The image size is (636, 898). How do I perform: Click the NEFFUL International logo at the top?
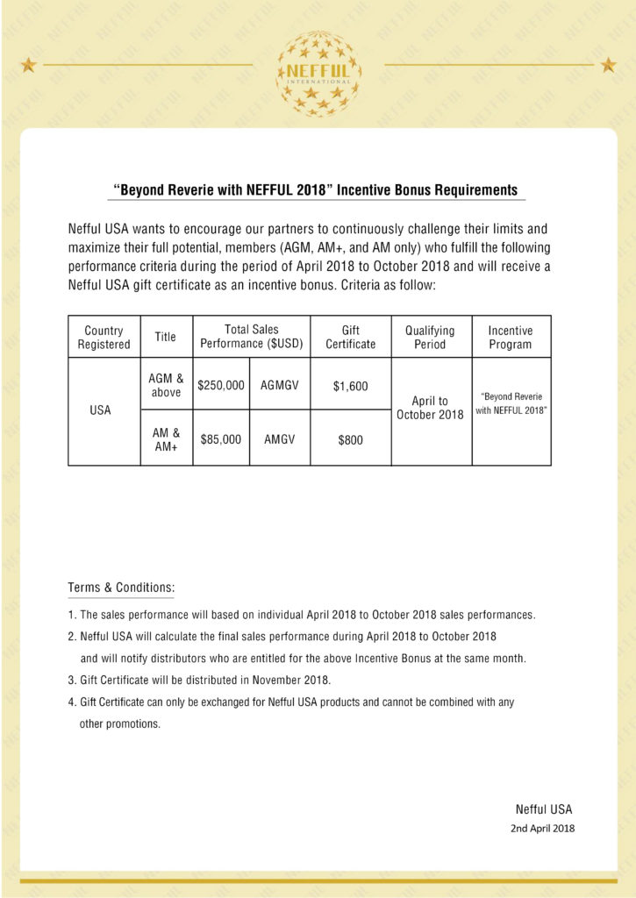318,74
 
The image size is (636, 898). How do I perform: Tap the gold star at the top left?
28,64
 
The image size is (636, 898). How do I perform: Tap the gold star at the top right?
608,64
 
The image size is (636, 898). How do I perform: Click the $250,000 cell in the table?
221,385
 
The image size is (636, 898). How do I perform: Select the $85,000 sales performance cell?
221,439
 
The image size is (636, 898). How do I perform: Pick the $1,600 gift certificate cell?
350,386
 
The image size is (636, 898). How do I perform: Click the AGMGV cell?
280,385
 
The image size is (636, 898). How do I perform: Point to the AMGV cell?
280,439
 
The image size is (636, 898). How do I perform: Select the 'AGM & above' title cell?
166,385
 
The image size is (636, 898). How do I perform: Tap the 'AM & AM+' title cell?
166,439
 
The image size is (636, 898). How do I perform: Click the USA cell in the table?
101,410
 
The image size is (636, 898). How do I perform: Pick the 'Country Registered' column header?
104,338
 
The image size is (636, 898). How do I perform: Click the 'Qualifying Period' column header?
430,338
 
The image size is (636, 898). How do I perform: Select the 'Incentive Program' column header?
511,338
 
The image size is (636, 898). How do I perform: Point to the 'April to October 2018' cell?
430,408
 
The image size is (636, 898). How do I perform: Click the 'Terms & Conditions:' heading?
121,587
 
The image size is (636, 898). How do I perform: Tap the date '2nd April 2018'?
543,828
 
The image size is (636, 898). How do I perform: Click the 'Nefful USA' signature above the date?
543,809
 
